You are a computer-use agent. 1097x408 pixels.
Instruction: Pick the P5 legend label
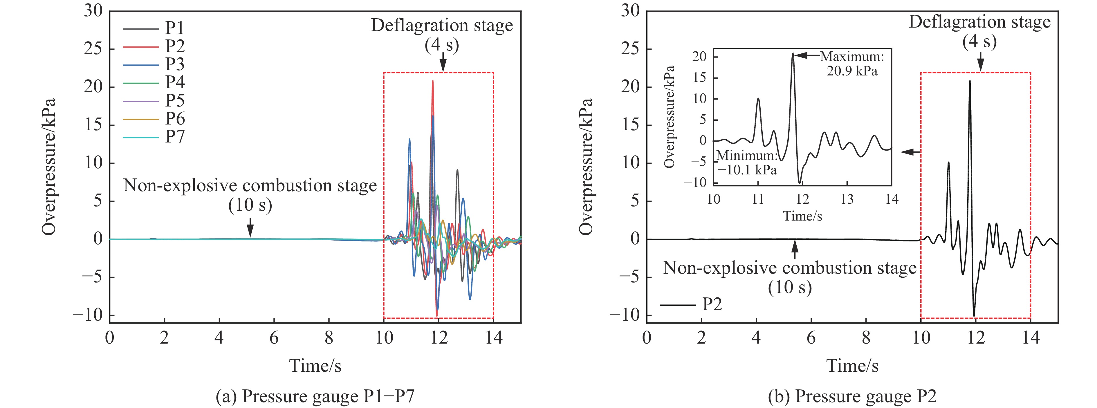(175, 100)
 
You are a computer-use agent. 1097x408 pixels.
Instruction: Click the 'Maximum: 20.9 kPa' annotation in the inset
(852, 64)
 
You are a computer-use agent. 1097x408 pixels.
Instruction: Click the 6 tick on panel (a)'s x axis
(274, 338)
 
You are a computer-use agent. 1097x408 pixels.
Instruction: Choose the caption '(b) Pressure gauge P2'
(852, 396)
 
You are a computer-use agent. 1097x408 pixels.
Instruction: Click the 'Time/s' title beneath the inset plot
(802, 216)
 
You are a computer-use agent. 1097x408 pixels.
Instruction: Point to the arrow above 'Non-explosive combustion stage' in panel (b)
(794, 250)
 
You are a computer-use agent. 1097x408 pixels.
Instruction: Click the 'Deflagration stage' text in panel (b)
(979, 22)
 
